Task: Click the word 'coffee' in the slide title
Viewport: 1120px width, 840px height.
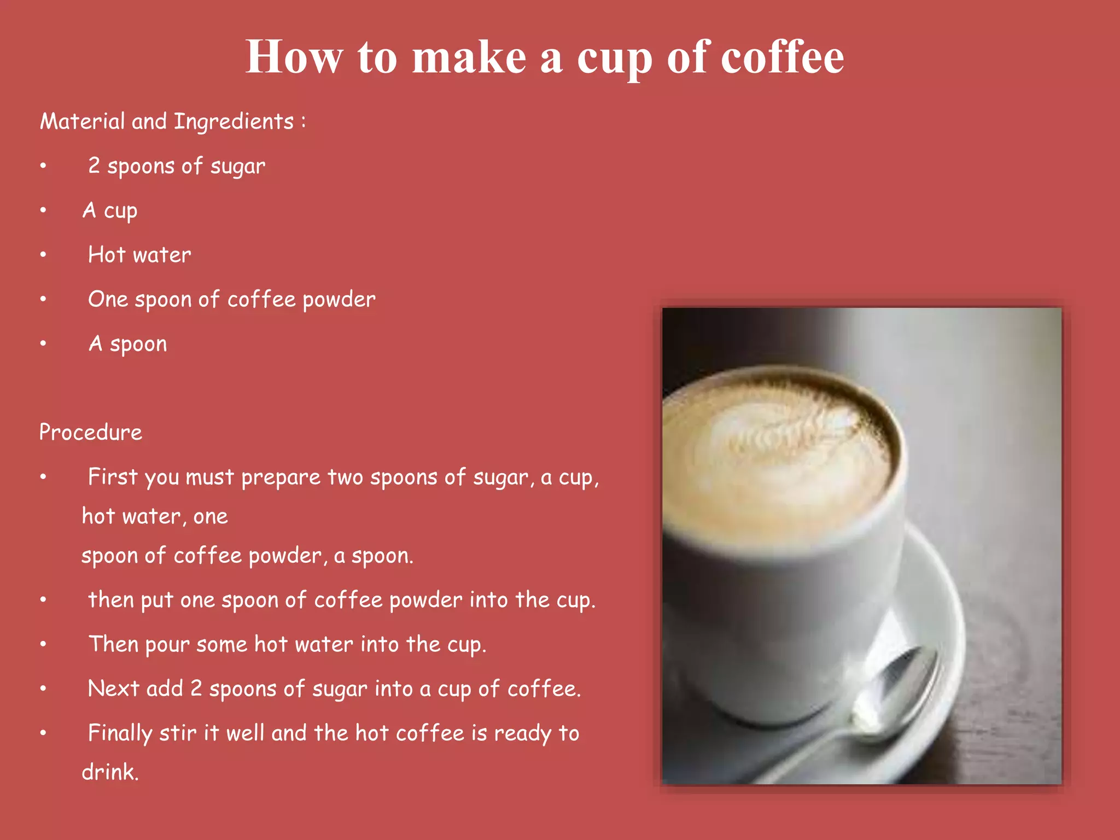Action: [782, 57]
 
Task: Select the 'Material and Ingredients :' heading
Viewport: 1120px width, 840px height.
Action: [172, 121]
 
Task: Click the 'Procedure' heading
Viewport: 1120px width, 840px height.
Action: [91, 433]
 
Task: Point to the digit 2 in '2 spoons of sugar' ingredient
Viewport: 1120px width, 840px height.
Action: [94, 166]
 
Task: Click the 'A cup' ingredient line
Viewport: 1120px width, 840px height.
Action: [110, 211]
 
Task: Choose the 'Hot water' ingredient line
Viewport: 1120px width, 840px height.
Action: [139, 255]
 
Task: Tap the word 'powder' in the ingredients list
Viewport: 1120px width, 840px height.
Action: [339, 300]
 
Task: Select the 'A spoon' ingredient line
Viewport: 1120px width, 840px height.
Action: [128, 344]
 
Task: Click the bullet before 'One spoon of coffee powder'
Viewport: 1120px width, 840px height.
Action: [43, 299]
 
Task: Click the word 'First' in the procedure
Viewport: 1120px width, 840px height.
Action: [113, 477]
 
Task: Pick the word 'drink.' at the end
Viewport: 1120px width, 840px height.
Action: [110, 772]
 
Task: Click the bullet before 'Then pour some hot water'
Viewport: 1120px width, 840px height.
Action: [43, 644]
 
